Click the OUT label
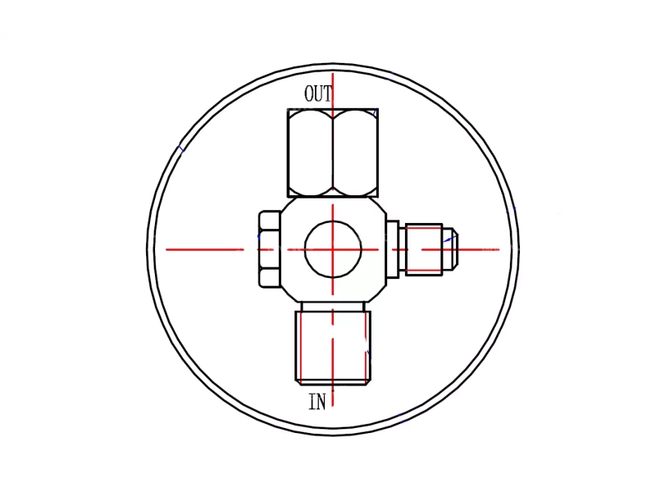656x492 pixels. [318, 93]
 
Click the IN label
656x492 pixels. [317, 402]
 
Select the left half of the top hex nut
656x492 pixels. [311, 153]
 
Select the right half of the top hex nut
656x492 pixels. [356, 153]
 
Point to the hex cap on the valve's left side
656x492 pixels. [270, 249]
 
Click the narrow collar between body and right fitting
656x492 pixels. [393, 249]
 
